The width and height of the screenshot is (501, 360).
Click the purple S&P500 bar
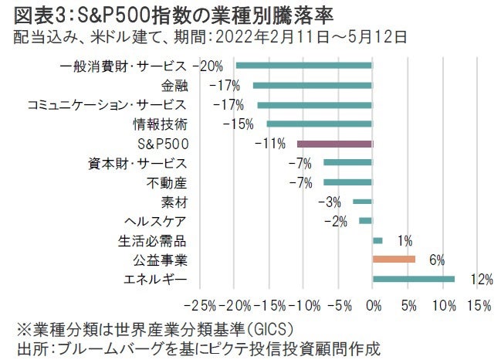(x=334, y=144)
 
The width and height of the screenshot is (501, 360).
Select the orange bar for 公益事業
(x=394, y=260)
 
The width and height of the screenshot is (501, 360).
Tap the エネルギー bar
(x=414, y=280)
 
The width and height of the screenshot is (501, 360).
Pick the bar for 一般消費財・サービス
(x=303, y=66)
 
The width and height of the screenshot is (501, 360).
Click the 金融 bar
(x=312, y=85)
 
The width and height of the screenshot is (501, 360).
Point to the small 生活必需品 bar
(x=377, y=241)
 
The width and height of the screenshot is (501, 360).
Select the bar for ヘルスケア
(x=365, y=222)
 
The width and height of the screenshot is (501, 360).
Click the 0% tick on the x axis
(x=372, y=306)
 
